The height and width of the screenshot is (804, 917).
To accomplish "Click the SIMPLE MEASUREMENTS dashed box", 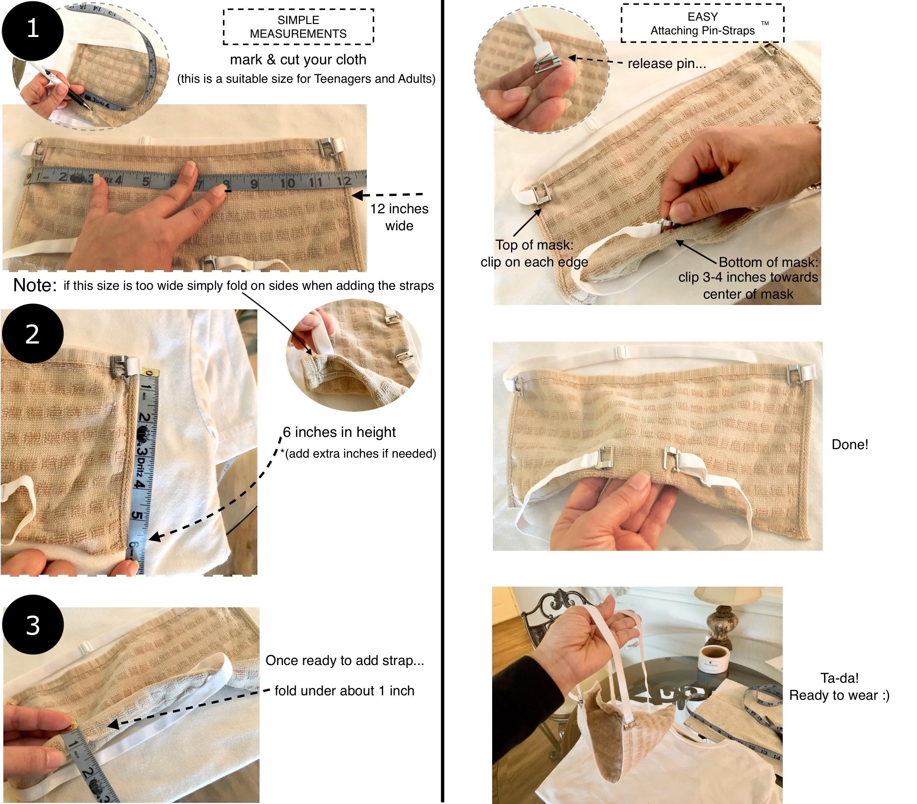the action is pyautogui.click(x=298, y=27).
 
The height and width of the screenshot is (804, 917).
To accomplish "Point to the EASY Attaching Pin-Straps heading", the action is pyautogui.click(x=703, y=23).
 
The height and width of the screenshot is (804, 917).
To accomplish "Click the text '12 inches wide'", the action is pyautogui.click(x=399, y=217).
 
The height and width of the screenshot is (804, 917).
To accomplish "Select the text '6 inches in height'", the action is pyautogui.click(x=339, y=432).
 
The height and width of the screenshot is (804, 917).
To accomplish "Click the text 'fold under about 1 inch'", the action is pyautogui.click(x=344, y=691).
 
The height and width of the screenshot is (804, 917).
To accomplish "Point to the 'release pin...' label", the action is pyautogui.click(x=667, y=64).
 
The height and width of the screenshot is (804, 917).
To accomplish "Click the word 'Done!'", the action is pyautogui.click(x=850, y=444).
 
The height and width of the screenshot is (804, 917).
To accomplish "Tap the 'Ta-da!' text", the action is pyautogui.click(x=839, y=678).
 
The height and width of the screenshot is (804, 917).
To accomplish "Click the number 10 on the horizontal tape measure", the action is pyautogui.click(x=287, y=183).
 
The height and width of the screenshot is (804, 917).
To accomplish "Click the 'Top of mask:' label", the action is pyautogui.click(x=534, y=245).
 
